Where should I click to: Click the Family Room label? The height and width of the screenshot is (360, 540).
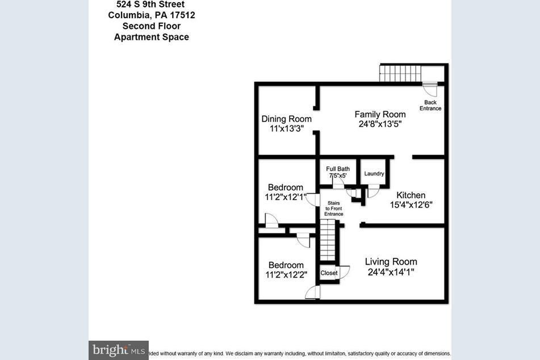coord(380,114)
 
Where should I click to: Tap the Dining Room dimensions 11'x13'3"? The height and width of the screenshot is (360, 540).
coord(286,128)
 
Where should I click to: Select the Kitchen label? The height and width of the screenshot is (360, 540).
coord(411,195)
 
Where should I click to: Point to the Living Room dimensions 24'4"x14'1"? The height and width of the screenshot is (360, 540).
coord(391,272)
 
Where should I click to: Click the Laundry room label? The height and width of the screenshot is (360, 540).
coord(374,174)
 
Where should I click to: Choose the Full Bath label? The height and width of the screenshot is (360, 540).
coord(338,169)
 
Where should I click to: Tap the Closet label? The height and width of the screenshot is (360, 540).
coord(329,273)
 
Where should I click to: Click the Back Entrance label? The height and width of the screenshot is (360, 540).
coord(430,105)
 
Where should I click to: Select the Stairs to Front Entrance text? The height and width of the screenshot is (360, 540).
coord(334,208)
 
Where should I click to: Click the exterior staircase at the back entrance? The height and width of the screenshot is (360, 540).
coord(400,73)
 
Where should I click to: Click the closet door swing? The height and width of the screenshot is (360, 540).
coord(344,272)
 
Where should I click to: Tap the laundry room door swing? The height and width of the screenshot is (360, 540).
coord(372,191)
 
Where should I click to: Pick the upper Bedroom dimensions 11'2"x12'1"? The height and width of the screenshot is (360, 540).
coord(285,197)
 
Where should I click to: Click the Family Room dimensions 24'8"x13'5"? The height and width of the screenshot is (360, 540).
coord(380,124)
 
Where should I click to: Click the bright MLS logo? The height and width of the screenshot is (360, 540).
coord(118,350)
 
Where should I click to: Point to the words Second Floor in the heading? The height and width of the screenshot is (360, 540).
coord(152,26)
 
